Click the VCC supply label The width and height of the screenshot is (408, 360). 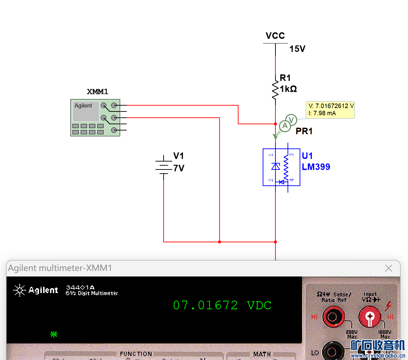(275, 36)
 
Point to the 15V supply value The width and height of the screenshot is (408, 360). (297, 49)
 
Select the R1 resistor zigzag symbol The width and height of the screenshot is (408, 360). (275, 90)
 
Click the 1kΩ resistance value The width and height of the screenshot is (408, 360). (288, 89)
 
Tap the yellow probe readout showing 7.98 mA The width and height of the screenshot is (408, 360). (330, 110)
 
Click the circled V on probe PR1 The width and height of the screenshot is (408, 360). (291, 120)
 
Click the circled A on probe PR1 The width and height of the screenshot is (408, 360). (285, 126)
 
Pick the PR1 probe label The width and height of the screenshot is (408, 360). (304, 131)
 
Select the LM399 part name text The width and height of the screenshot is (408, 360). (316, 167)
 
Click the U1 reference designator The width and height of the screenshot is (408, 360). (307, 156)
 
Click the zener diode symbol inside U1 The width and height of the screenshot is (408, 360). (275, 167)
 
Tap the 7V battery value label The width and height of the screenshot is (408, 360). (179, 168)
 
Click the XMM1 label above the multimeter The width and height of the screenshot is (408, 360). (97, 92)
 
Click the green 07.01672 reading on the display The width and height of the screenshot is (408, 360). (205, 305)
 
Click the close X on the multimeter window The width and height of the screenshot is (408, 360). (389, 268)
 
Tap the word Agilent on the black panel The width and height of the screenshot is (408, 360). (43, 290)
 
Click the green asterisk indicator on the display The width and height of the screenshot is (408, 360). (54, 334)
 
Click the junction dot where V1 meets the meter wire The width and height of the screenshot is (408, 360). (220, 242)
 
